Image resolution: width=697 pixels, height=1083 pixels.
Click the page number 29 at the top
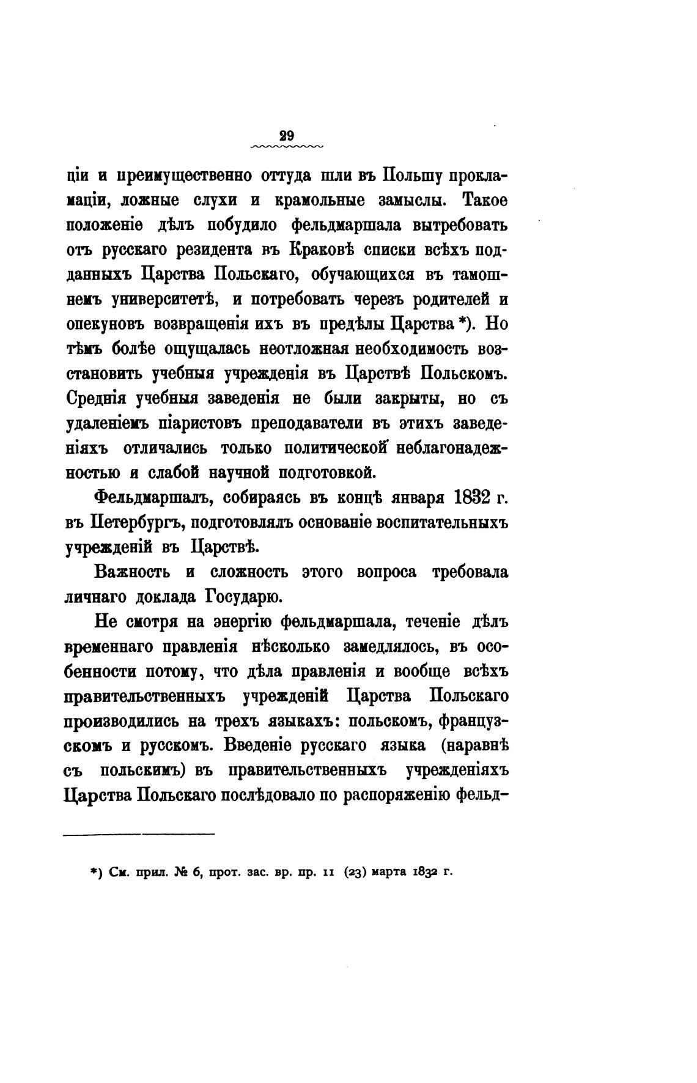[x=286, y=136]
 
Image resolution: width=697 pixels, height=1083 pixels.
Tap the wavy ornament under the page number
[x=286, y=147]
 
